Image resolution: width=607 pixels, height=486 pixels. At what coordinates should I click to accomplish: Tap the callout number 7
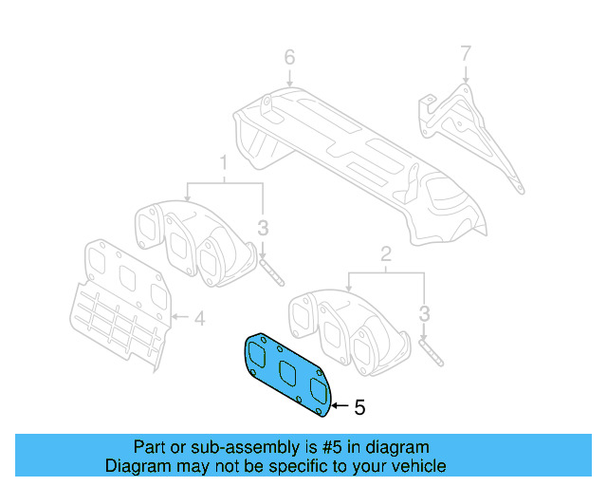click(x=465, y=52)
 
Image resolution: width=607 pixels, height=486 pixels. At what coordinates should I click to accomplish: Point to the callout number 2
click(x=386, y=253)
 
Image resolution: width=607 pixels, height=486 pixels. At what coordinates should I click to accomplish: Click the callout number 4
click(x=199, y=319)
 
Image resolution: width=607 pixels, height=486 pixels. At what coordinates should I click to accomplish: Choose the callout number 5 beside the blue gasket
click(x=359, y=407)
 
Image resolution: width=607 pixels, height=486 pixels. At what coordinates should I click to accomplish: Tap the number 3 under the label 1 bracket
click(x=263, y=228)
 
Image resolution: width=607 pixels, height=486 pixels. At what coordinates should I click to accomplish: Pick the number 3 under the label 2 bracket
click(x=425, y=312)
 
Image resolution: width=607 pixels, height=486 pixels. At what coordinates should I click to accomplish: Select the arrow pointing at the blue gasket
click(x=340, y=406)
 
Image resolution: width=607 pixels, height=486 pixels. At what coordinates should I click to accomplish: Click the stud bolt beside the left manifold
click(x=270, y=270)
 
